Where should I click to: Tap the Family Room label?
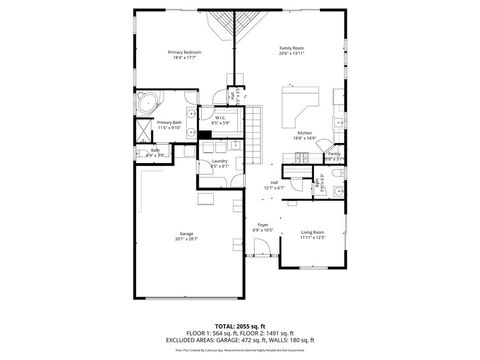click(x=292, y=48)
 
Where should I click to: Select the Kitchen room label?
click(x=305, y=133)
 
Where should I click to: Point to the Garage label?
click(x=186, y=233)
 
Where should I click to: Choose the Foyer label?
click(x=262, y=225)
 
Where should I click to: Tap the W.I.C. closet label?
click(x=220, y=118)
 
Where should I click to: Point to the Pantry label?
click(x=333, y=153)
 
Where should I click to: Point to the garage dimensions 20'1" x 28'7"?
click(x=186, y=239)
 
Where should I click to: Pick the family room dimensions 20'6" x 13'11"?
click(x=292, y=54)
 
